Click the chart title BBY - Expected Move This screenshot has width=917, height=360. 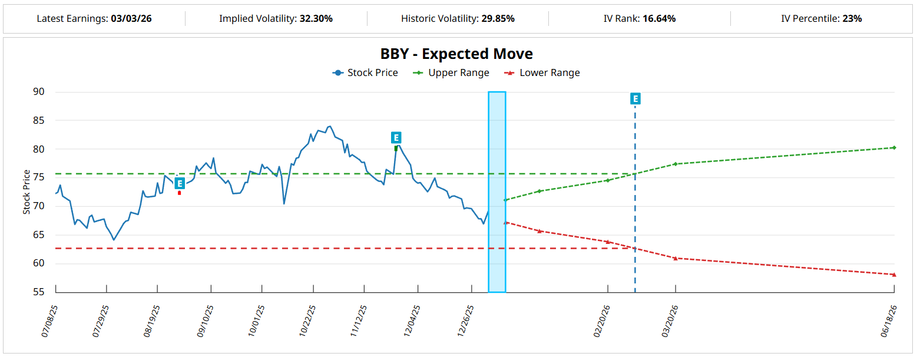pyautogui.click(x=456, y=54)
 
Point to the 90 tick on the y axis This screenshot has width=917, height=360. pyautogui.click(x=38, y=92)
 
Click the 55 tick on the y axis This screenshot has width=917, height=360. pyautogui.click(x=38, y=292)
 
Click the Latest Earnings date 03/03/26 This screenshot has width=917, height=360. pyautogui.click(x=131, y=19)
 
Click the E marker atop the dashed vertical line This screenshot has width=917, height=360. pyautogui.click(x=635, y=98)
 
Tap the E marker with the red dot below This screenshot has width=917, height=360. pyautogui.click(x=180, y=183)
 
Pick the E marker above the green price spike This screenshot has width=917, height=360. pyautogui.click(x=396, y=138)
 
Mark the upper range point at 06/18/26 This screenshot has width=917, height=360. pyautogui.click(x=894, y=148)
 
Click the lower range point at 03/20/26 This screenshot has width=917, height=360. pyautogui.click(x=676, y=258)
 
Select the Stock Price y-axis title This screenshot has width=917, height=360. pyautogui.click(x=27, y=192)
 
